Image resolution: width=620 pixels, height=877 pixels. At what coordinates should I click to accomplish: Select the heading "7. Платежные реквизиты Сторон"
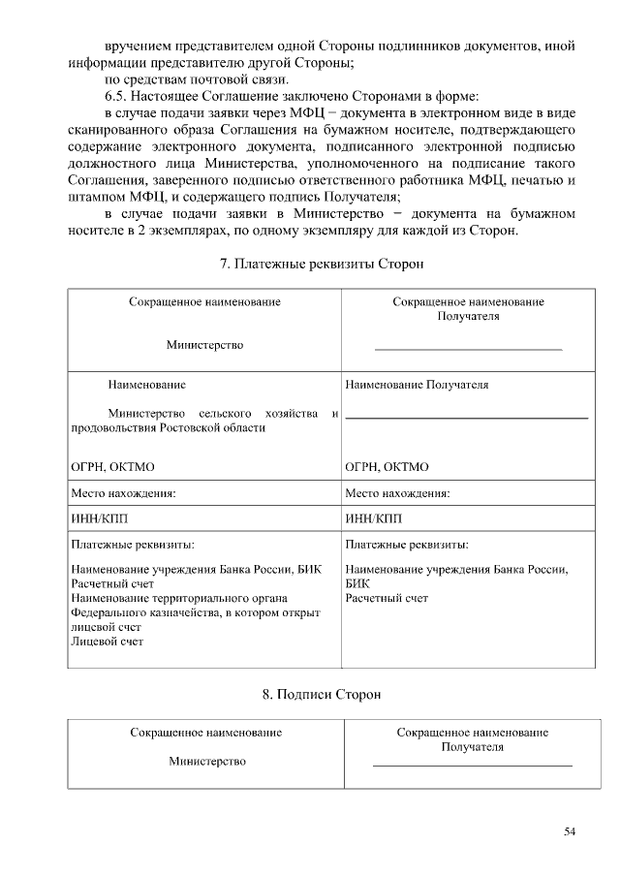coord(323,264)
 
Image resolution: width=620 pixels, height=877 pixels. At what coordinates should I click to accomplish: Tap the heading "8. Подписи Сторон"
coord(323,695)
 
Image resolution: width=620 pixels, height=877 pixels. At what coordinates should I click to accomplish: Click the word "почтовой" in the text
coord(211,78)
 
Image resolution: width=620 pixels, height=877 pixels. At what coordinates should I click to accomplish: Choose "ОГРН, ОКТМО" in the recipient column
coord(387,467)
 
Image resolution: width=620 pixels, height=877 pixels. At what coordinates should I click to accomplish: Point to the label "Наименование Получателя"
coord(417,385)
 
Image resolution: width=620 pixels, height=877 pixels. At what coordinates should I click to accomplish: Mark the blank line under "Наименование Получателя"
coord(466,417)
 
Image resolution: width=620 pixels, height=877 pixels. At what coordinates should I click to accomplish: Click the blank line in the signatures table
coord(472,766)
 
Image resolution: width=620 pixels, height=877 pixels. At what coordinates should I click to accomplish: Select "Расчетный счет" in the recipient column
coord(387,598)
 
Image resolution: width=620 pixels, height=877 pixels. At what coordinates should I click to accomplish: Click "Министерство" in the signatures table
coord(206,761)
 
